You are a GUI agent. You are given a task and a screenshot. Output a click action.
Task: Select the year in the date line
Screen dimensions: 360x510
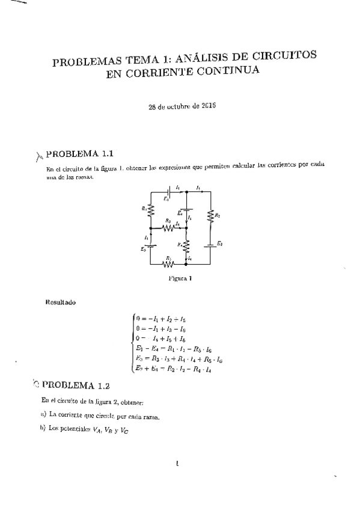[208, 105]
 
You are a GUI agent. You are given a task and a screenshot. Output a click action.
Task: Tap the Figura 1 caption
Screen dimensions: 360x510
[180, 278]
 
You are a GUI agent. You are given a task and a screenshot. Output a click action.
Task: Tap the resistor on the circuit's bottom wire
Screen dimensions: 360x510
[168, 263]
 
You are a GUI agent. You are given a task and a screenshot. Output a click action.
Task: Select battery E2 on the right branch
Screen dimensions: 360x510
[210, 245]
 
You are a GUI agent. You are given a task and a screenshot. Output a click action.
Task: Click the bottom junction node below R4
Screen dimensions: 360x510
[186, 263]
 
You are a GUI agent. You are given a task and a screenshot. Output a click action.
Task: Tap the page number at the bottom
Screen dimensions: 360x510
[178, 462]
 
